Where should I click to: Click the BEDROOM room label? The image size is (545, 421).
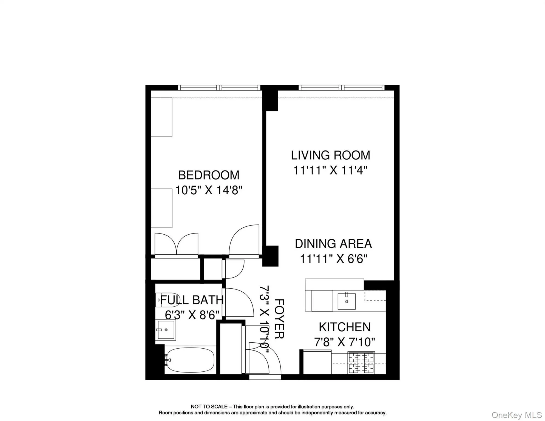click(209, 175)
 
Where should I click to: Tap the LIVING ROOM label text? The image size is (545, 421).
click(330, 155)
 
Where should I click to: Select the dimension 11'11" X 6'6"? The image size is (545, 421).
click(333, 259)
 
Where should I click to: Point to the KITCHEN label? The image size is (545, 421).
click(345, 327)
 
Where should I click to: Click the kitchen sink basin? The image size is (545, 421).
click(347, 301)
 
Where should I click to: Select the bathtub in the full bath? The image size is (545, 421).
click(190, 360)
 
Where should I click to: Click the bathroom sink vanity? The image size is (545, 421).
click(166, 330)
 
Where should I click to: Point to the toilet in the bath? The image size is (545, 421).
click(160, 300)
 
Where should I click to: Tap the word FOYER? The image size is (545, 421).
click(279, 319)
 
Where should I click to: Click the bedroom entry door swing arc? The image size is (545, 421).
click(243, 241)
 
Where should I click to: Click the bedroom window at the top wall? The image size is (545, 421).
click(219, 88)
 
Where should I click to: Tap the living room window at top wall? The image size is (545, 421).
click(342, 88)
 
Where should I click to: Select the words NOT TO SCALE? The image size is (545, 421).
click(209, 406)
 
